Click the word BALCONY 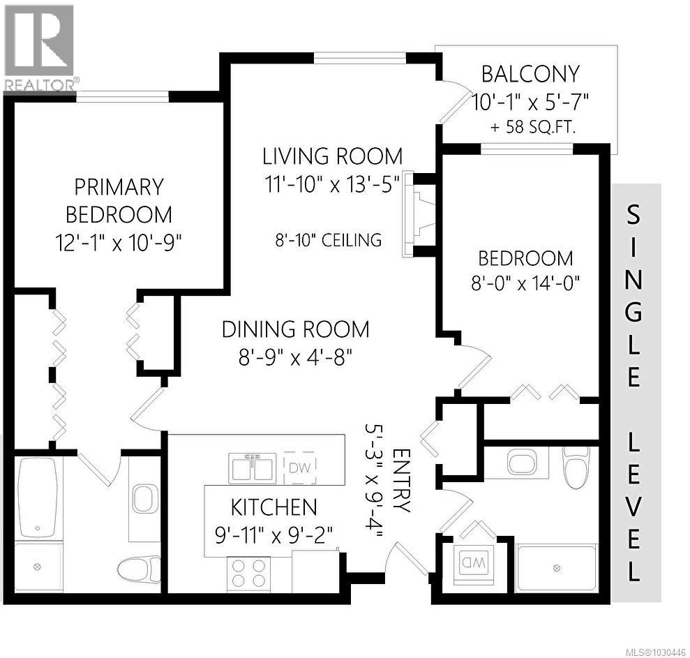(531, 73)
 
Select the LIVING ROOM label (332, 155)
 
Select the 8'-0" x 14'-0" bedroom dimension (525, 284)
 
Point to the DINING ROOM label (295, 329)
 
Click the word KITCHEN (274, 506)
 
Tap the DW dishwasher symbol (300, 466)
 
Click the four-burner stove (248, 571)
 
